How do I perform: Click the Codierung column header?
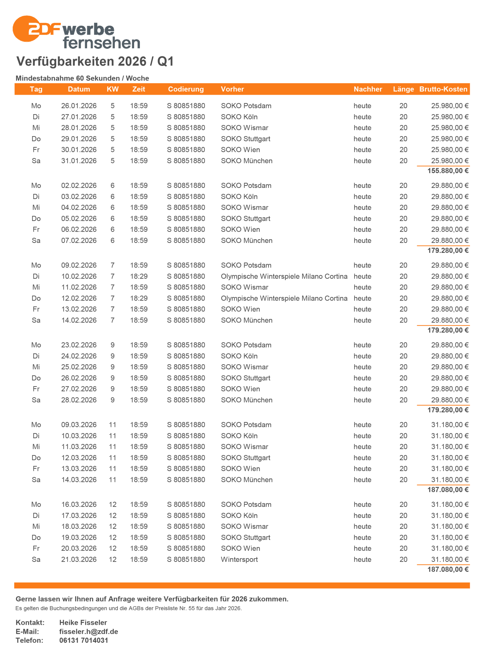tap(186, 89)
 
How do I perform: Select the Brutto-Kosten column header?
tap(443, 89)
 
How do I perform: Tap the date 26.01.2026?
tap(79, 106)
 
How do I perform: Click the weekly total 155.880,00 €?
tap(448, 171)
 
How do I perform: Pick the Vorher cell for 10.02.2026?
tap(284, 276)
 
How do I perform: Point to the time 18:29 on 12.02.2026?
tap(139, 298)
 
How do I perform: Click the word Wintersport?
tap(239, 559)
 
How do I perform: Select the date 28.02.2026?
tap(79, 400)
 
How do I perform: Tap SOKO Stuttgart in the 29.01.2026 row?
tap(245, 139)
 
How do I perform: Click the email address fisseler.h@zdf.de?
tap(89, 631)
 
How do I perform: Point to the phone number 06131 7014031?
tap(84, 640)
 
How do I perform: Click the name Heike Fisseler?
tap(83, 622)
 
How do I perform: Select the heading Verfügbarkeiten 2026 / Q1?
tap(95, 61)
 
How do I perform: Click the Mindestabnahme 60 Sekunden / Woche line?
tap(82, 78)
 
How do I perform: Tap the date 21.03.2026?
tap(79, 559)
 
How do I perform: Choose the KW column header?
tap(112, 89)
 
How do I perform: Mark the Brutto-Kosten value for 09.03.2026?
tap(449, 425)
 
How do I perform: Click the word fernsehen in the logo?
tap(101, 43)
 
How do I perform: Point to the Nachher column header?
tap(368, 89)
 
